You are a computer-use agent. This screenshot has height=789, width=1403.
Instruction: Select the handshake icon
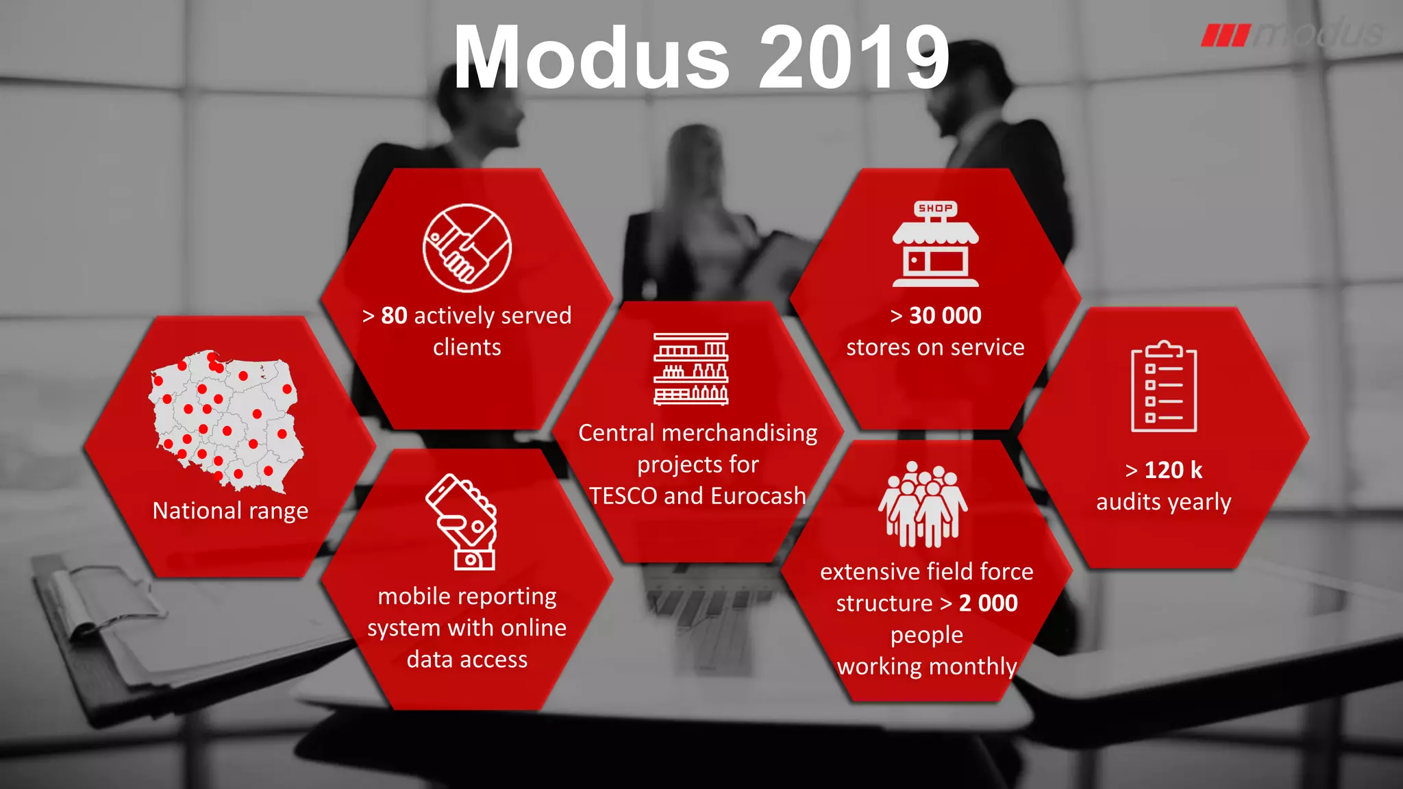click(467, 248)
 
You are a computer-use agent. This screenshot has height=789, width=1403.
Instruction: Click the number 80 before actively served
click(394, 316)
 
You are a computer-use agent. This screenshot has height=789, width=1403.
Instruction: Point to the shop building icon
click(935, 245)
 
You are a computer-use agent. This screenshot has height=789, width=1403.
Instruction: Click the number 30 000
click(945, 316)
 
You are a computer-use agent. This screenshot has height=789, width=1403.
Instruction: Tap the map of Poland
click(227, 421)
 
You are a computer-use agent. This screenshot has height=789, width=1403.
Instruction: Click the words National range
click(230, 511)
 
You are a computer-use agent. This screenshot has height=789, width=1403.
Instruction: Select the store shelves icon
click(691, 369)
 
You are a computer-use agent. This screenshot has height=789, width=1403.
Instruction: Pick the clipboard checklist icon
click(1163, 387)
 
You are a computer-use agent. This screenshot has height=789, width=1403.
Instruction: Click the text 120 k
click(1173, 471)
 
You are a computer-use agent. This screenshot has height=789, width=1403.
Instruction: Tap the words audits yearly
click(1163, 502)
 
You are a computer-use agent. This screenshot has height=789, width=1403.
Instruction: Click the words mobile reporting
click(467, 597)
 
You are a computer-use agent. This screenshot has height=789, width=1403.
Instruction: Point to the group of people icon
click(923, 505)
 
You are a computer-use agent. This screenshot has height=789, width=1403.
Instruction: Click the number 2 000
click(988, 603)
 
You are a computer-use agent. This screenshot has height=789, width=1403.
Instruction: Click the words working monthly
click(926, 666)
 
